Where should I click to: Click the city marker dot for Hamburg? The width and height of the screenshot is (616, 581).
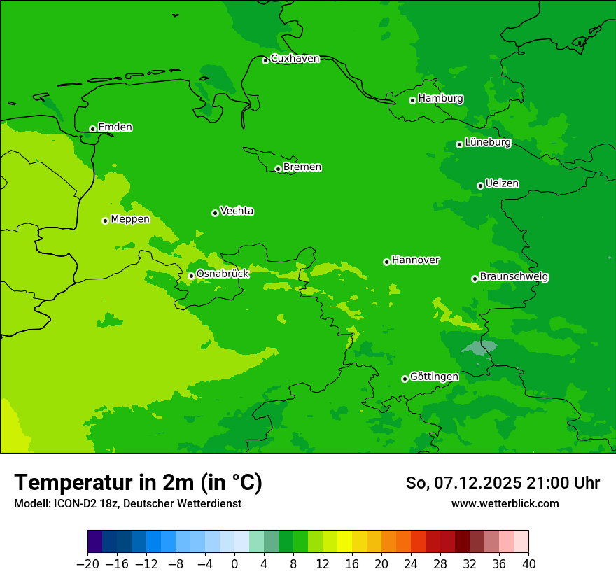click(x=412, y=100)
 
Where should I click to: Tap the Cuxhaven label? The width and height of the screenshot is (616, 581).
click(x=295, y=59)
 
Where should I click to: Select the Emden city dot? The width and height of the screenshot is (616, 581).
click(x=92, y=129)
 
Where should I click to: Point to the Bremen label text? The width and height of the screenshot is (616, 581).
click(x=302, y=167)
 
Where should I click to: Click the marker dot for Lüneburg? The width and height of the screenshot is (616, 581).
click(x=459, y=144)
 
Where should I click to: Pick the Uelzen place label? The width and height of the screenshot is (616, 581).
click(x=502, y=184)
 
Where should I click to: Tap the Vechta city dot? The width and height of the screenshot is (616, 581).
click(x=215, y=213)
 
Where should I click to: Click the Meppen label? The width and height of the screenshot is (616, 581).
click(x=130, y=219)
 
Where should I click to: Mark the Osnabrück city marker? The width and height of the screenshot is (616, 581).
click(x=191, y=276)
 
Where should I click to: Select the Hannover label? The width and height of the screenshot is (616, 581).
click(x=416, y=260)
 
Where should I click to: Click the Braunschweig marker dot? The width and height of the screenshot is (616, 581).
click(x=475, y=279)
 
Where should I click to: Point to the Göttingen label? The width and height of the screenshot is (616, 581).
click(x=434, y=377)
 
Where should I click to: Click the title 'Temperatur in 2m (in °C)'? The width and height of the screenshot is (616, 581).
click(x=138, y=483)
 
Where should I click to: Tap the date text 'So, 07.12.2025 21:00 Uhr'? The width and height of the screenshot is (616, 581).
click(x=503, y=483)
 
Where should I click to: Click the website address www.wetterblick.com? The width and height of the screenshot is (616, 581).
click(x=505, y=504)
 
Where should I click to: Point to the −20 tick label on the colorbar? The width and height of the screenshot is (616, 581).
click(x=87, y=564)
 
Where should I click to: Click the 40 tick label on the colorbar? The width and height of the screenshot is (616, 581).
click(x=528, y=564)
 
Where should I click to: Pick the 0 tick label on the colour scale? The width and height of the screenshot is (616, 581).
click(x=234, y=564)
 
